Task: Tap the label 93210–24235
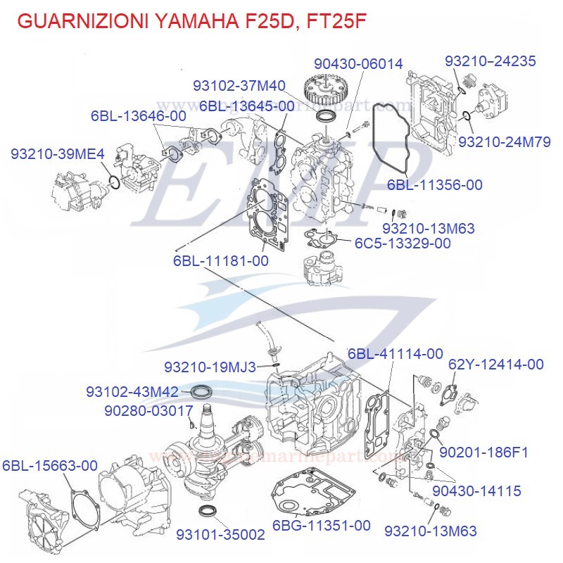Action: point(491,61)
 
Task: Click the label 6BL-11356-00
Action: point(435,185)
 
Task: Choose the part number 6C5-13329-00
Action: point(403,243)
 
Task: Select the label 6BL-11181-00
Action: point(220,261)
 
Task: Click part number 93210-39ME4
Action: point(58,154)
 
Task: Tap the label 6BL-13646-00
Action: point(138,115)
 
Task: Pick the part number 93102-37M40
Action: point(239,86)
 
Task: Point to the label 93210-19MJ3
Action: point(210,367)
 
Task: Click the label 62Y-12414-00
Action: point(496,365)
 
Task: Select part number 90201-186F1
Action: point(483,452)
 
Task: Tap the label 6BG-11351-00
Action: point(322,525)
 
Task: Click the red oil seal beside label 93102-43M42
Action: point(200,391)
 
